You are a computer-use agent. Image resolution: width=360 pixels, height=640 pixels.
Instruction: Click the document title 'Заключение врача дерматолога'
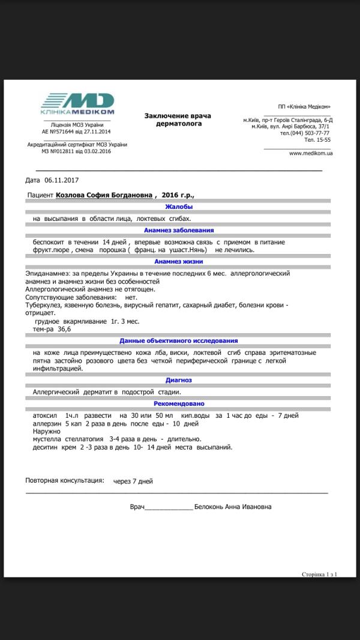coord(177,119)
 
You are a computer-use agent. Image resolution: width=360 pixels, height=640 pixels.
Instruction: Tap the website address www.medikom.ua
coord(311,153)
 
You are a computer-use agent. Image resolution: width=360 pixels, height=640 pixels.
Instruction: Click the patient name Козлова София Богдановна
coord(104,195)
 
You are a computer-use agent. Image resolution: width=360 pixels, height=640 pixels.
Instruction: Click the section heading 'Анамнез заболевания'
coord(178,230)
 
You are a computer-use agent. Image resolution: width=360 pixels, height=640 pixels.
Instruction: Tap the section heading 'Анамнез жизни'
coord(178,262)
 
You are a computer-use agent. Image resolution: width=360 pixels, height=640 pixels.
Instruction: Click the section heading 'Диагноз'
coord(178,380)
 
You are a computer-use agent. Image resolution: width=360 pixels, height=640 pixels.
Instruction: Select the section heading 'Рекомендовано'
coord(178,404)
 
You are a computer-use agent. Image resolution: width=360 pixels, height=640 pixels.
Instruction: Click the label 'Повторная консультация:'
coord(65,481)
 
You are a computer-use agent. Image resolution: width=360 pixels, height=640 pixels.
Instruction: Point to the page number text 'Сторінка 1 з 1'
coord(319,575)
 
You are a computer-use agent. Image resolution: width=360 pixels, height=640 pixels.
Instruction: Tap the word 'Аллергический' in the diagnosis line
coord(58,391)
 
